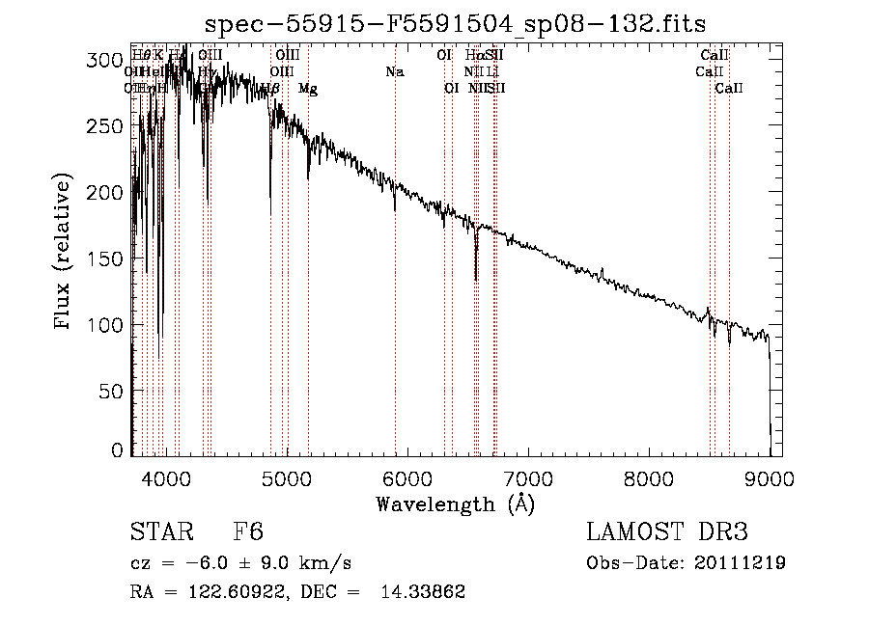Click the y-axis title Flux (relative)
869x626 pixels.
pyautogui.click(x=65, y=253)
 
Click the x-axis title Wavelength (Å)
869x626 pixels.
pyautogui.click(x=455, y=504)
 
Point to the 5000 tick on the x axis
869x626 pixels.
pyautogui.click(x=286, y=477)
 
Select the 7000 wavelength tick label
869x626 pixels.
pyautogui.click(x=527, y=477)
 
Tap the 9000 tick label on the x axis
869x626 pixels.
pyautogui.click(x=769, y=477)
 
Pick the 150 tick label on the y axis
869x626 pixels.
pyautogui.click(x=110, y=259)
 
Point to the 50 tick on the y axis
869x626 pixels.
pyautogui.click(x=114, y=391)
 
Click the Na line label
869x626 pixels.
pyautogui.click(x=394, y=71)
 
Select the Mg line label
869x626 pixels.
pyautogui.click(x=307, y=88)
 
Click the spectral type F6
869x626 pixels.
pyautogui.click(x=248, y=533)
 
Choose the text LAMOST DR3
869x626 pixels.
pyautogui.click(x=667, y=533)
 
